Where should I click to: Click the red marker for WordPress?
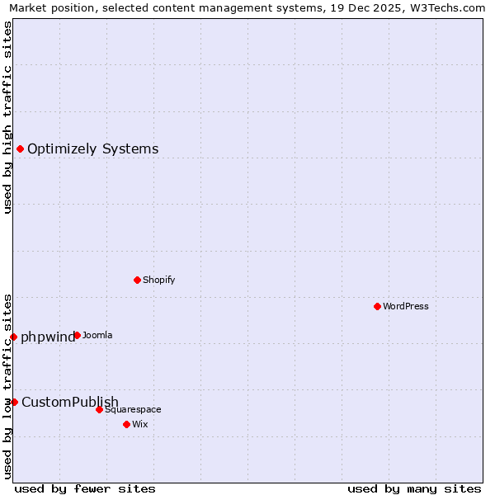377,306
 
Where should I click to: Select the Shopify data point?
137,280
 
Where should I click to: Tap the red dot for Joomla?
77,335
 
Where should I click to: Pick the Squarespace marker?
99,409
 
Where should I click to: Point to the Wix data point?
126,424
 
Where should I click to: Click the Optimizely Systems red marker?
20,148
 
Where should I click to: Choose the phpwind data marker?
13,337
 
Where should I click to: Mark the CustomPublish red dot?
14,402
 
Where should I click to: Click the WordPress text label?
406,306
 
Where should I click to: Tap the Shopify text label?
159,280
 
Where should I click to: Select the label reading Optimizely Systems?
93,149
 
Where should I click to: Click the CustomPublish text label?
70,403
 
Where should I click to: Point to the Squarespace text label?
133,409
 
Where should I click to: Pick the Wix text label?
139,424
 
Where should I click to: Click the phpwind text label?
48,337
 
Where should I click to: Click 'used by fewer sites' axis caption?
85,489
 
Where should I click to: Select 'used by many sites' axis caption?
414,489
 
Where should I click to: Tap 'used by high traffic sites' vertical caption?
7,117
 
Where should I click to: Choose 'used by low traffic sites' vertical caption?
7,385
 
